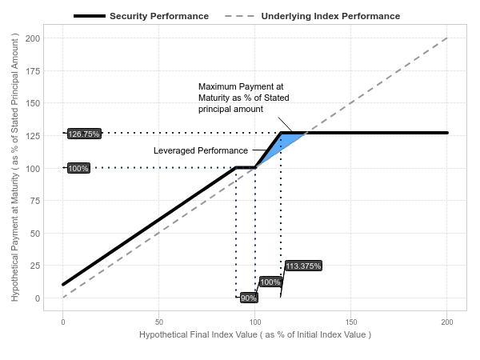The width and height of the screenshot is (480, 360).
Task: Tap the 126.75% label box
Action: pyautogui.click(x=84, y=134)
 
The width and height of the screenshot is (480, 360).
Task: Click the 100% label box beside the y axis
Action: pyautogui.click(x=78, y=168)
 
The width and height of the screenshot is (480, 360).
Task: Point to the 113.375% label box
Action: pyautogui.click(x=303, y=266)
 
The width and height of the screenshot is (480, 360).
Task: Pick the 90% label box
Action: pyautogui.click(x=249, y=298)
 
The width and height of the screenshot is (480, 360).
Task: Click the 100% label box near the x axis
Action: pyautogui.click(x=270, y=282)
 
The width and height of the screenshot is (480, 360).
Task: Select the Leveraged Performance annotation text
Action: pyautogui.click(x=201, y=150)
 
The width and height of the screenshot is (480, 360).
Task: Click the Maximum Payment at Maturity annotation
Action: pyautogui.click(x=243, y=97)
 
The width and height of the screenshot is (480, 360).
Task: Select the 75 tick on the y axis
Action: pyautogui.click(x=35, y=201)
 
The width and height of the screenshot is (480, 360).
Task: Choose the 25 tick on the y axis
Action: pyautogui.click(x=35, y=266)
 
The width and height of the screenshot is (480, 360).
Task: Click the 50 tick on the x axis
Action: pyautogui.click(x=159, y=321)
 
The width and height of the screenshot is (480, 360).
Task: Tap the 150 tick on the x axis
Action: pyautogui.click(x=351, y=321)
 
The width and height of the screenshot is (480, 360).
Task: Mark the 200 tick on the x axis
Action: pyautogui.click(x=447, y=321)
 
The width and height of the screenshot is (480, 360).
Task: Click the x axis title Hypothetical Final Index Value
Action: pyautogui.click(x=254, y=334)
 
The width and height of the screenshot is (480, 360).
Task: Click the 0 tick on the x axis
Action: pyautogui.click(x=63, y=321)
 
